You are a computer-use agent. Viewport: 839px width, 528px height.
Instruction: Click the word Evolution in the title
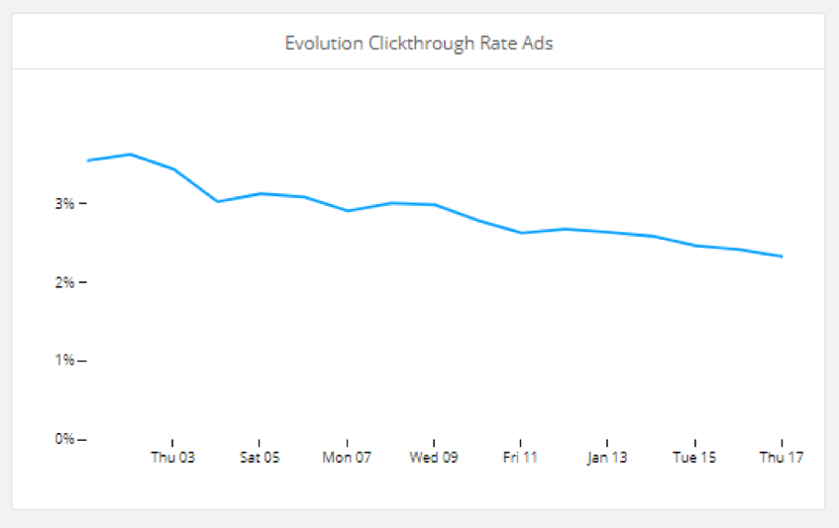coord(317,44)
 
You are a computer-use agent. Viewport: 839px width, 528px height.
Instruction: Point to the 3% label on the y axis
coord(65,204)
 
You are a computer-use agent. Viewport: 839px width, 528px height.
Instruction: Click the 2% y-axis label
coord(65,282)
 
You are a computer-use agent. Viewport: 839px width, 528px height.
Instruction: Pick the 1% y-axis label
coord(65,361)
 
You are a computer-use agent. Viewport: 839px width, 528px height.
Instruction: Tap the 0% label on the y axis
coord(65,439)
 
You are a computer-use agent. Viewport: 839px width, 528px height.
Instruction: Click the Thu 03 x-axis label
coord(172,459)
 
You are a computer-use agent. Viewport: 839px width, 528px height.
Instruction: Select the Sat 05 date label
coord(260,459)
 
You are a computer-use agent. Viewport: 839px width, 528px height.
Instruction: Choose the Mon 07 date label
coord(347,459)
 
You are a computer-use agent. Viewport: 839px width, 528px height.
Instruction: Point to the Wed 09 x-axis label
coord(434,459)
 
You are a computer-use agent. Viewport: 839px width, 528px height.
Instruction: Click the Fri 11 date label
coord(520,459)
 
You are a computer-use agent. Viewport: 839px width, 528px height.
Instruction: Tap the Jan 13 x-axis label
coord(607,459)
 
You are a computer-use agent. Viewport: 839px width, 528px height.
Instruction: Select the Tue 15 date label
coord(694,459)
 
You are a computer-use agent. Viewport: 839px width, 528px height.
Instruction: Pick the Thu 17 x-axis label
coord(782,459)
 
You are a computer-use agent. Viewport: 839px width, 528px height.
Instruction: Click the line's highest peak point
coord(131,155)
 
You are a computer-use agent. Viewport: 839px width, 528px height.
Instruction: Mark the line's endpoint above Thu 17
coord(782,257)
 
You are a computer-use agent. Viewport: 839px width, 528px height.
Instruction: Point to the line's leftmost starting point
coord(88,160)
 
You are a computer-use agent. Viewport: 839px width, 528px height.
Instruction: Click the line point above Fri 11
coord(521,233)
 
